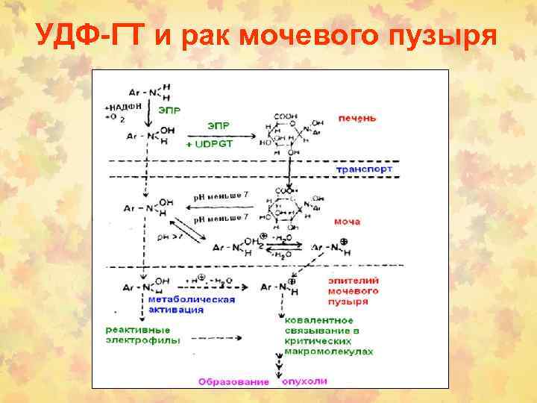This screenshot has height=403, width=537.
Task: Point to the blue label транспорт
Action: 363,169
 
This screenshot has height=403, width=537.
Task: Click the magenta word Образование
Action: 233,381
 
